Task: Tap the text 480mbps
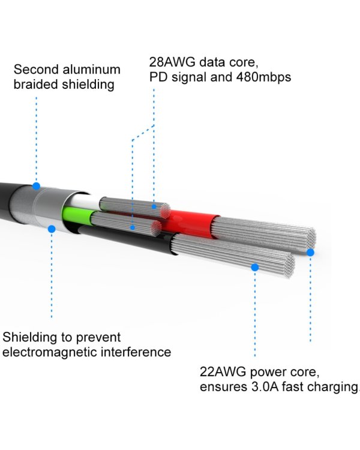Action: click(x=263, y=77)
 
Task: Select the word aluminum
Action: click(x=91, y=70)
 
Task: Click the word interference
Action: click(x=136, y=352)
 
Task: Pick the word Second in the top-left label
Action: click(x=36, y=70)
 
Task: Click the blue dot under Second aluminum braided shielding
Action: click(x=36, y=186)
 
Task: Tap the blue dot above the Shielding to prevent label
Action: click(x=52, y=229)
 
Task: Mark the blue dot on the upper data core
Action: click(x=154, y=206)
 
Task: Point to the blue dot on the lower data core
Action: click(x=133, y=227)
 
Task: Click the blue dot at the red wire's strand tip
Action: click(x=310, y=253)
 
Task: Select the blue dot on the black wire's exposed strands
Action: click(x=254, y=268)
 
